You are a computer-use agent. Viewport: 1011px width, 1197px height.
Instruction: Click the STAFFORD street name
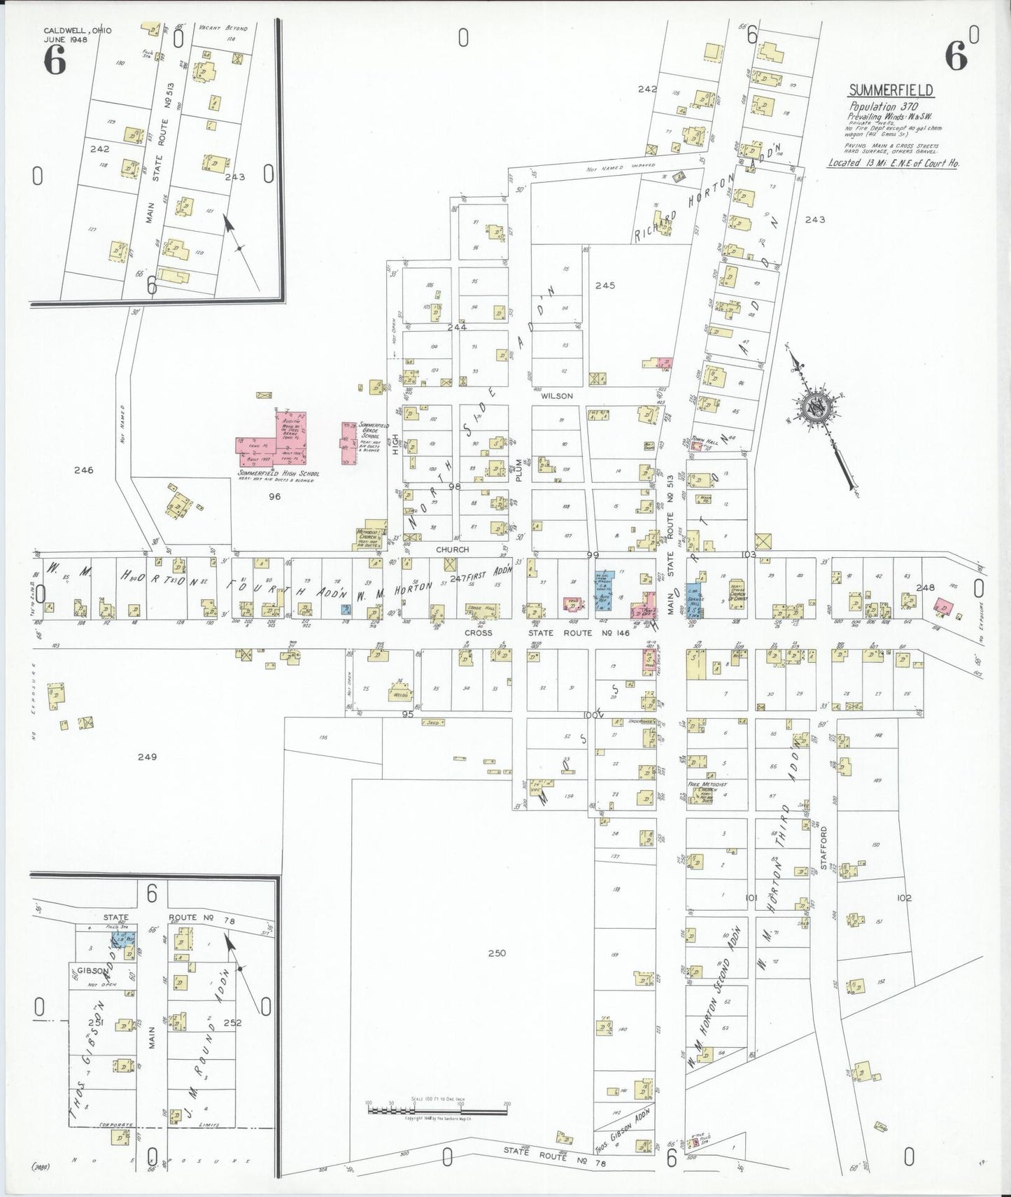tap(823, 848)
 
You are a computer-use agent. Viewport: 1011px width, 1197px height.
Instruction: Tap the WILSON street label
tap(556, 395)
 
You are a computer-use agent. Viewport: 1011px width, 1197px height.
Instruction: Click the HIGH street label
tap(395, 444)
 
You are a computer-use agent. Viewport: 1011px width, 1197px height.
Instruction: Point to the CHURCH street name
tap(452, 549)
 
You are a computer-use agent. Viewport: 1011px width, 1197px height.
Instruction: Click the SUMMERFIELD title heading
tap(890, 90)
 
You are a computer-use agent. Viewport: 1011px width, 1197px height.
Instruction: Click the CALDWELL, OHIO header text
tap(77, 31)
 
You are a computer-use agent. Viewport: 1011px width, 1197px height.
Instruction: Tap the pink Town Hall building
tap(697, 446)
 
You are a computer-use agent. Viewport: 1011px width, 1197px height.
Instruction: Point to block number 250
tap(496, 953)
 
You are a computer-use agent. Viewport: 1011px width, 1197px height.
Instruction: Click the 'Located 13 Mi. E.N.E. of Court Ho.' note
tap(893, 162)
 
